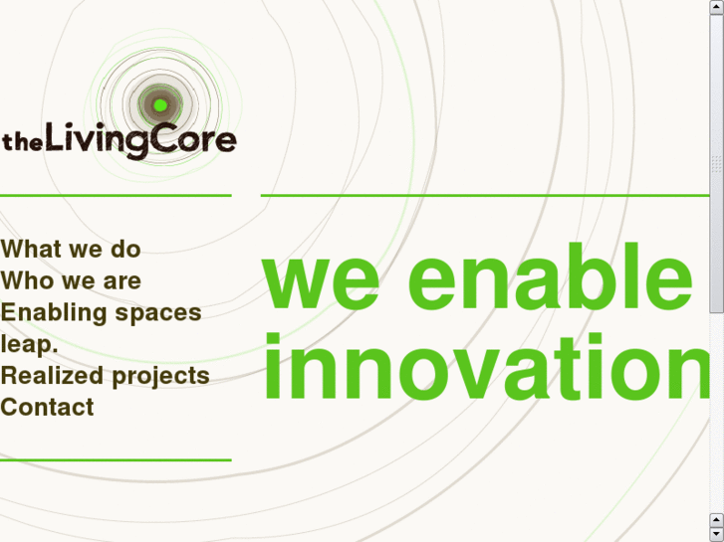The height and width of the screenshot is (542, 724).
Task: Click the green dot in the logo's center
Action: tap(159, 104)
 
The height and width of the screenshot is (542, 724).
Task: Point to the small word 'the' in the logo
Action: tap(18, 142)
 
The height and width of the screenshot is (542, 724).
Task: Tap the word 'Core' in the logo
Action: tap(194, 139)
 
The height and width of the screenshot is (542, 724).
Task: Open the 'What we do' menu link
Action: tap(71, 249)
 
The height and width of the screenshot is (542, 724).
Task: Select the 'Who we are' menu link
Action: tap(71, 280)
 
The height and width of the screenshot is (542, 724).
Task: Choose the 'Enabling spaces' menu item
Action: tap(101, 312)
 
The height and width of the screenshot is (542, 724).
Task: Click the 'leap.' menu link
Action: tap(29, 344)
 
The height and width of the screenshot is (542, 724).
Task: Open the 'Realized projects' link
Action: tap(105, 376)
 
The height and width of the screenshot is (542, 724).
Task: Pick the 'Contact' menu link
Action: tap(47, 407)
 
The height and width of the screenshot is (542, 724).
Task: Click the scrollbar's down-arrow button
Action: tap(717, 534)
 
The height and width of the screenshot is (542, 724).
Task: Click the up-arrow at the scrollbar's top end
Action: tap(717, 7)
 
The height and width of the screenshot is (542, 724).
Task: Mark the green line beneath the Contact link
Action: tap(116, 459)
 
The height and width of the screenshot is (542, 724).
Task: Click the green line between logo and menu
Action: tap(116, 195)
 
